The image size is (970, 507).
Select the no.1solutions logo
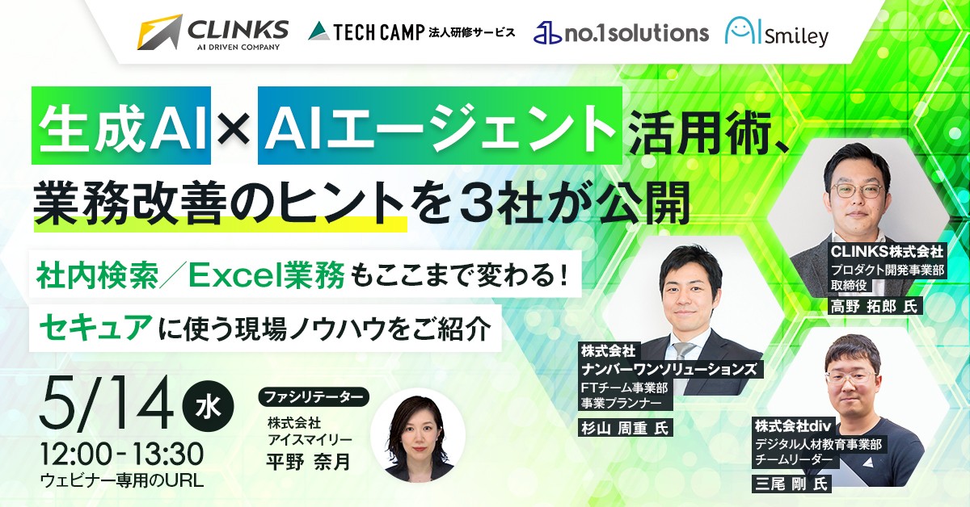(621, 32)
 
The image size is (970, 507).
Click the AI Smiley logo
(776, 33)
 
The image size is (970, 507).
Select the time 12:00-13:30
(121, 452)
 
